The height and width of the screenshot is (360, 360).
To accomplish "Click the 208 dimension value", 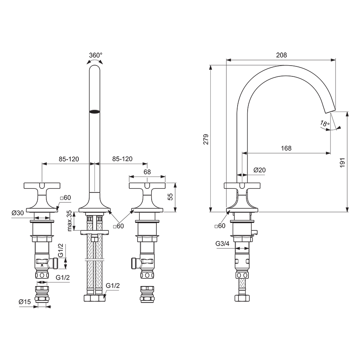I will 282,55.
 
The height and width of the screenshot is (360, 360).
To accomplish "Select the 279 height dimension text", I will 206,139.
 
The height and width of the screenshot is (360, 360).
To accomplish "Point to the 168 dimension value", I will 286,148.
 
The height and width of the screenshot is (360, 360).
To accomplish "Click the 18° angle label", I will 325,124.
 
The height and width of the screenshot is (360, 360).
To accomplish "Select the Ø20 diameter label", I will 260,170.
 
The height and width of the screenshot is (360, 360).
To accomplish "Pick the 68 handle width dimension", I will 147,172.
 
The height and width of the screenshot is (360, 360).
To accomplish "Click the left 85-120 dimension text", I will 69,159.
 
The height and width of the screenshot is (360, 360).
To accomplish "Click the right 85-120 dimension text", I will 122,159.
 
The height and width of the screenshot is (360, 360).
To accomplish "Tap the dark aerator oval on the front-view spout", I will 94,112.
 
